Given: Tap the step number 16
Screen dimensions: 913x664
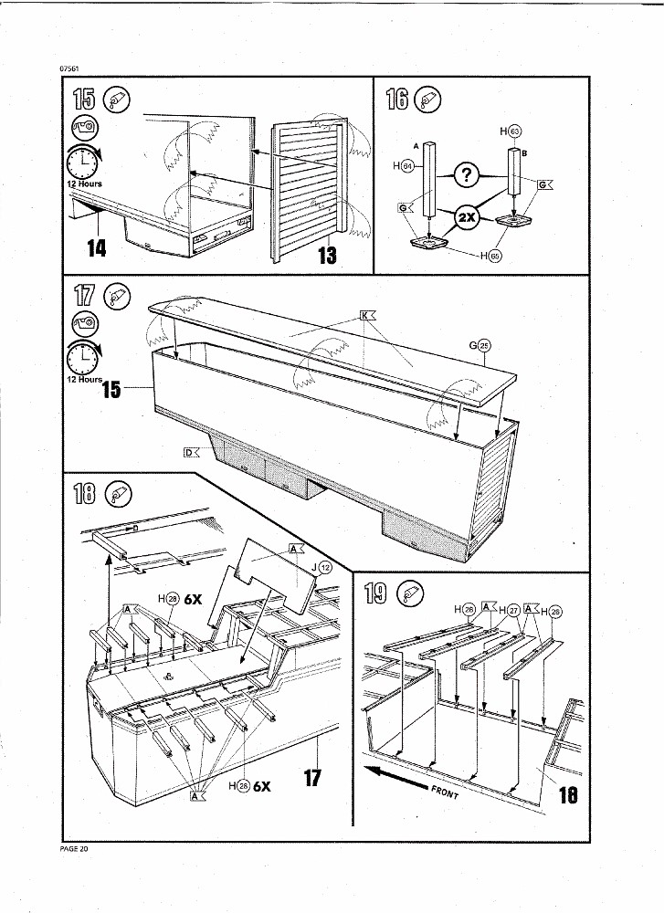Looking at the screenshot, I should coord(397,99).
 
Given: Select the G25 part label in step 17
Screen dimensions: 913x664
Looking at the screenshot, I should coord(480,344).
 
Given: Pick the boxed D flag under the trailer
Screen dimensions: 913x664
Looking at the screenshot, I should coord(191,451).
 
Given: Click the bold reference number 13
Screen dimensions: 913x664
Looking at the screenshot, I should coord(326,255).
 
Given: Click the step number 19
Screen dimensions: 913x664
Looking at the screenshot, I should coord(375,596).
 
